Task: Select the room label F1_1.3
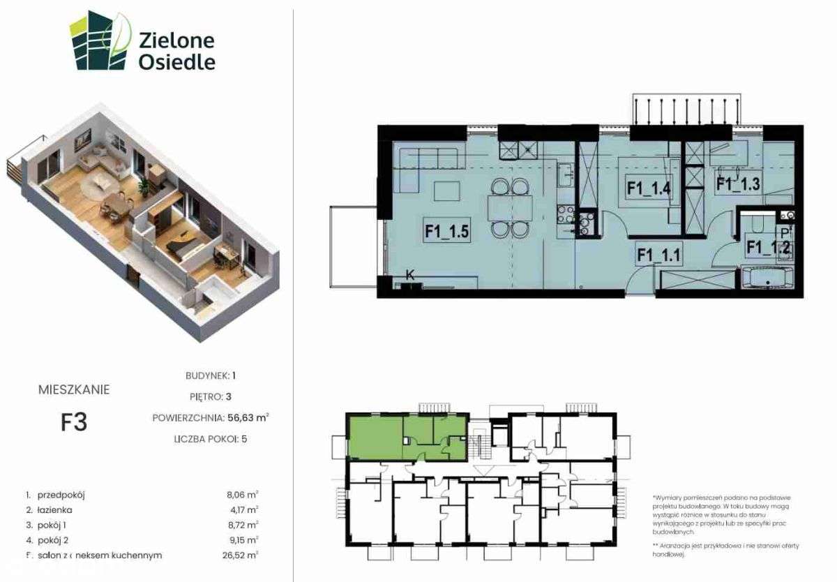[x=738, y=184]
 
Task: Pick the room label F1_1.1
[x=658, y=255]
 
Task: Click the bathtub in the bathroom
[x=767, y=278]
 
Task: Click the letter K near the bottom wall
[x=409, y=275]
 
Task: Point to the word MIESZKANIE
[x=74, y=390]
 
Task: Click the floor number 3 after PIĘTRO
[x=228, y=397]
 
